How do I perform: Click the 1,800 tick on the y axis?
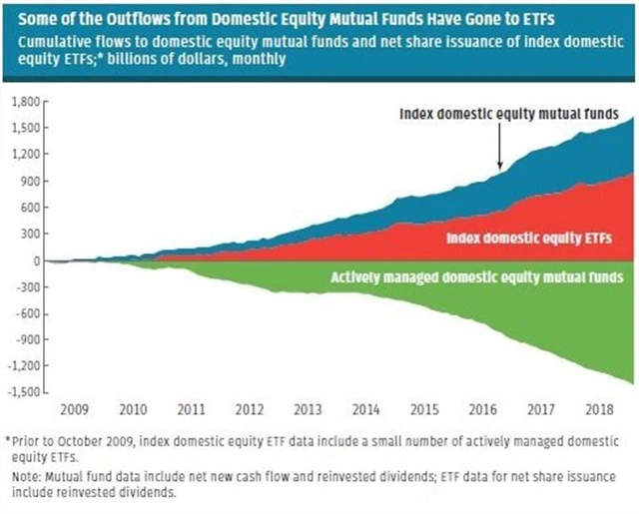click(23, 102)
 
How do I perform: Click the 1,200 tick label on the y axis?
click(23, 155)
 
